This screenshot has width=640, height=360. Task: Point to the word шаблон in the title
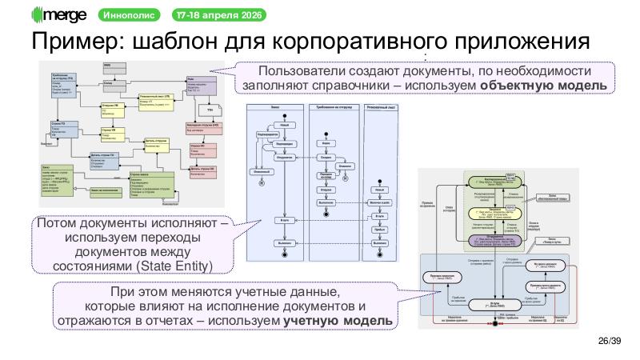point(171,42)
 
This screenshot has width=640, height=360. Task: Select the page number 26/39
point(608,342)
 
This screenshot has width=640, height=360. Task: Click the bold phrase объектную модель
point(546,86)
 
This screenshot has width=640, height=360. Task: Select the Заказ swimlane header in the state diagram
point(275,106)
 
